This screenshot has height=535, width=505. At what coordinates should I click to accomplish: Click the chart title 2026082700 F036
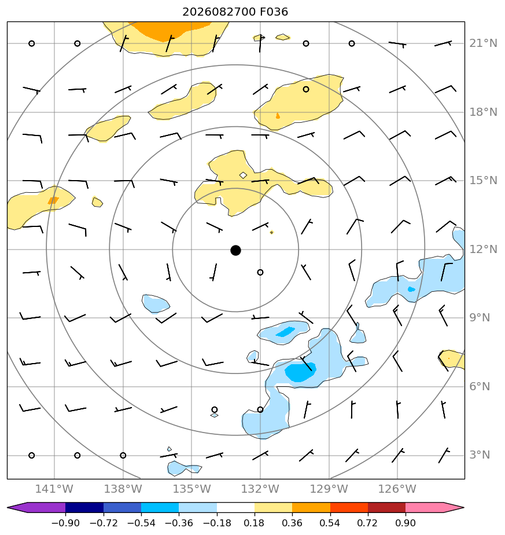click(235, 12)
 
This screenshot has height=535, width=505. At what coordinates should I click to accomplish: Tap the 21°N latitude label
click(483, 43)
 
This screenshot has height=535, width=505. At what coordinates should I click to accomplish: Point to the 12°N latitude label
click(483, 249)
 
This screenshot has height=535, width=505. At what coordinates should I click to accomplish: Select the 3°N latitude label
click(480, 455)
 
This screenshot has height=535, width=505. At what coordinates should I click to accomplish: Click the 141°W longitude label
click(54, 489)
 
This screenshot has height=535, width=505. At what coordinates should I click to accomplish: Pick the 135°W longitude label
click(191, 489)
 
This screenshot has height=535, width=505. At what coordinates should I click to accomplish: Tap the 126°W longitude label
click(397, 489)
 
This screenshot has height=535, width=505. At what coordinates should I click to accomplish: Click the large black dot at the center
click(235, 251)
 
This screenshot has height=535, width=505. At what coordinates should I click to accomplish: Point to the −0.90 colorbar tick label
click(65, 523)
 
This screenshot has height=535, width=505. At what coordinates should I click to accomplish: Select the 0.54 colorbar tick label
click(330, 523)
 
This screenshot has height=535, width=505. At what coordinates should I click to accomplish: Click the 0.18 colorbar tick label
click(254, 523)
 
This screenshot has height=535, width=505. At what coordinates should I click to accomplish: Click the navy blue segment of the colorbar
click(84, 507)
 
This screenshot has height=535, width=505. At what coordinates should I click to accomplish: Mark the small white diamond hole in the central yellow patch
click(243, 175)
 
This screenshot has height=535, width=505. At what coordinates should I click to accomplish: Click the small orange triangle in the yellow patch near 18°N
click(278, 116)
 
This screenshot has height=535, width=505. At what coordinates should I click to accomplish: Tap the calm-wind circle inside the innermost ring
click(260, 272)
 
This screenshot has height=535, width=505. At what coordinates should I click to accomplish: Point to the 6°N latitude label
click(480, 386)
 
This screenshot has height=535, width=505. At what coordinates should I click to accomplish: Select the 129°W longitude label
click(329, 489)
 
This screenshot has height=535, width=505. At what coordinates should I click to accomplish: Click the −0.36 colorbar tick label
click(179, 523)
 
